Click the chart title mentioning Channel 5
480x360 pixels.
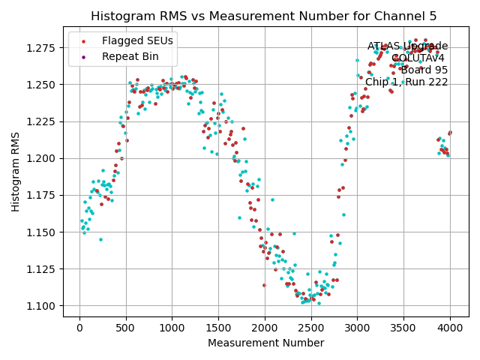(263, 16)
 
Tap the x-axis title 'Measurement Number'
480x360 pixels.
(265, 343)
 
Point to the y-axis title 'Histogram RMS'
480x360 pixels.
(16, 172)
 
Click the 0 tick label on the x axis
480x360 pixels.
(79, 328)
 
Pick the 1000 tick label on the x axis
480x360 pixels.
(172, 328)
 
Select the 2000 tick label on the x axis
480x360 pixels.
(265, 328)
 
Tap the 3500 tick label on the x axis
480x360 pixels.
(403, 328)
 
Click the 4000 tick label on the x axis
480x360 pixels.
(450, 328)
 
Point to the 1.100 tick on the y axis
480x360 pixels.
(43, 306)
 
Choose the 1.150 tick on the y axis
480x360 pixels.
(43, 232)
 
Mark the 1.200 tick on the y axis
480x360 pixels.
(43, 158)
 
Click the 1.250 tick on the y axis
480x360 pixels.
(43, 84)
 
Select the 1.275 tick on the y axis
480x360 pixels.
(43, 47)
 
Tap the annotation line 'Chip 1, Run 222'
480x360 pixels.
(406, 82)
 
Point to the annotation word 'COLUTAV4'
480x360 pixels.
(418, 58)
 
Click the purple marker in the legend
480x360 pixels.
(84, 56)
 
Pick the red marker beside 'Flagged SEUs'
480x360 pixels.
(84, 40)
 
